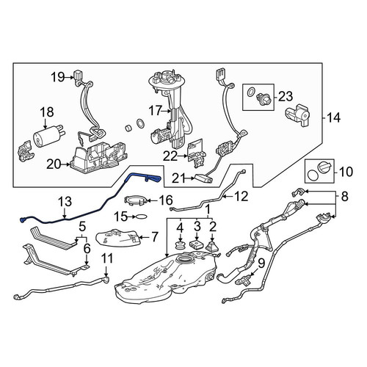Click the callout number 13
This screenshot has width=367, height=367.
click(x=65, y=202)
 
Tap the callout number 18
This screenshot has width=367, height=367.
click(x=47, y=112)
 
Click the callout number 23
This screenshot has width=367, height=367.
click(x=286, y=96)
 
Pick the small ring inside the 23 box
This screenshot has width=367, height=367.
click(x=250, y=92)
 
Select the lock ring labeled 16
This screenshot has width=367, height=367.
click(x=137, y=200)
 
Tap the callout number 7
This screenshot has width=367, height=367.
click(x=154, y=237)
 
